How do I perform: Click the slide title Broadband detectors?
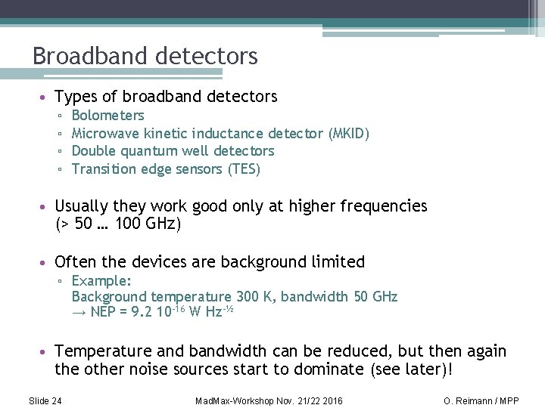(145, 56)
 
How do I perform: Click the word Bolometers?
(107, 116)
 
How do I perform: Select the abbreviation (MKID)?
(348, 134)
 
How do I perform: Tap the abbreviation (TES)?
(244, 169)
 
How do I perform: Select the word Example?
(101, 280)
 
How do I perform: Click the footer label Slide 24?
(45, 400)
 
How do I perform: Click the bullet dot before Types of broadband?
(47, 97)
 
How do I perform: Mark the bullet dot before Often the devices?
(47, 263)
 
